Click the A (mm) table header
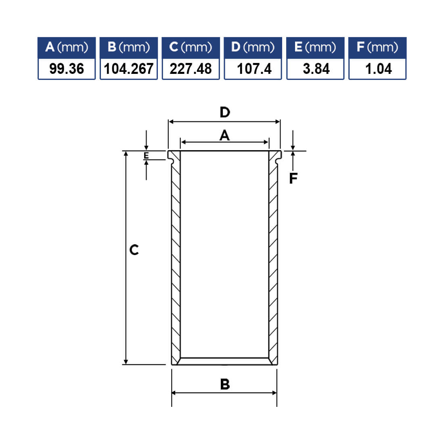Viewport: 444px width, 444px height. click(67, 47)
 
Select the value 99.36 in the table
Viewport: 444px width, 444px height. click(67, 69)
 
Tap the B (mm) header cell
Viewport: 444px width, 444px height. click(128, 47)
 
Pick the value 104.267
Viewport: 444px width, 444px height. click(128, 69)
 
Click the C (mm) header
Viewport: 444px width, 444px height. click(191, 47)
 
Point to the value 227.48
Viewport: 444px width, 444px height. click(191, 69)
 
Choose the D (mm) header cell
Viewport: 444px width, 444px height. click(253, 47)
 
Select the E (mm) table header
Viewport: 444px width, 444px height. click(315, 47)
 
